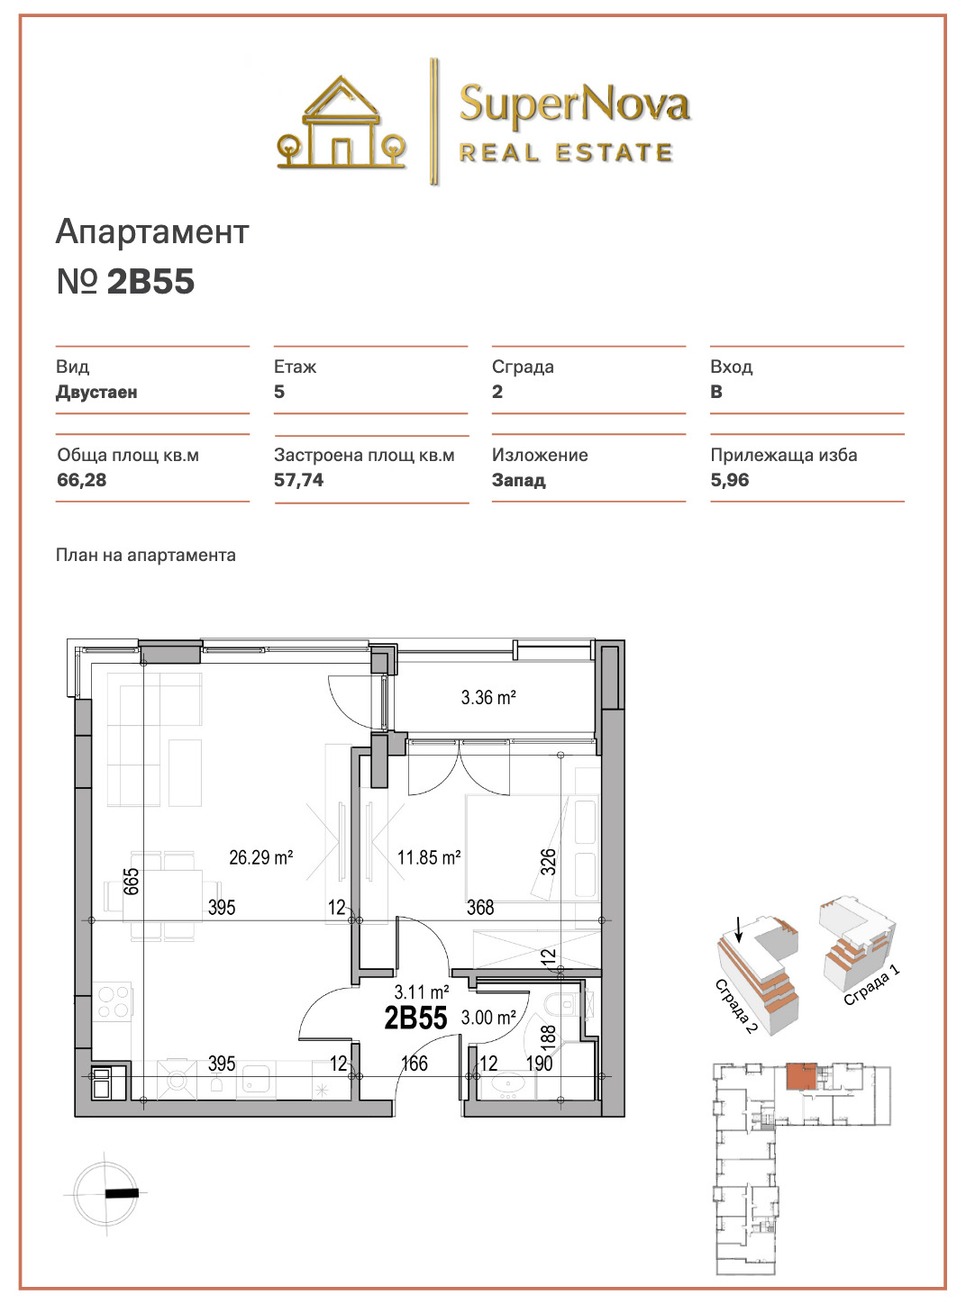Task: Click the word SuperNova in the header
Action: point(574,104)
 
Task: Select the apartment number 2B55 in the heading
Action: point(150,281)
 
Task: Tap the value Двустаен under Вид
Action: point(96,392)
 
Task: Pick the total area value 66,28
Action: point(81,480)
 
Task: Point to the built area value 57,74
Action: point(298,480)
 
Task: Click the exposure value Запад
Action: point(519,480)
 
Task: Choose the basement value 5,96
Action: point(730,480)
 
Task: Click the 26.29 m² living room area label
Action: point(261,857)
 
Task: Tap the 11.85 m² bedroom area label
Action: point(429,857)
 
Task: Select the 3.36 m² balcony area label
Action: point(488,697)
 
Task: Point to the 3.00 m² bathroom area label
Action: point(488,1017)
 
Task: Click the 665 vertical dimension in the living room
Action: point(132,881)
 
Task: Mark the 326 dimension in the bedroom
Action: point(548,862)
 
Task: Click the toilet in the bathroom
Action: point(563,1003)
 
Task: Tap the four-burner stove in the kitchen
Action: point(114,1001)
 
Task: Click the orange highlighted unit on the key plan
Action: point(800,1077)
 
